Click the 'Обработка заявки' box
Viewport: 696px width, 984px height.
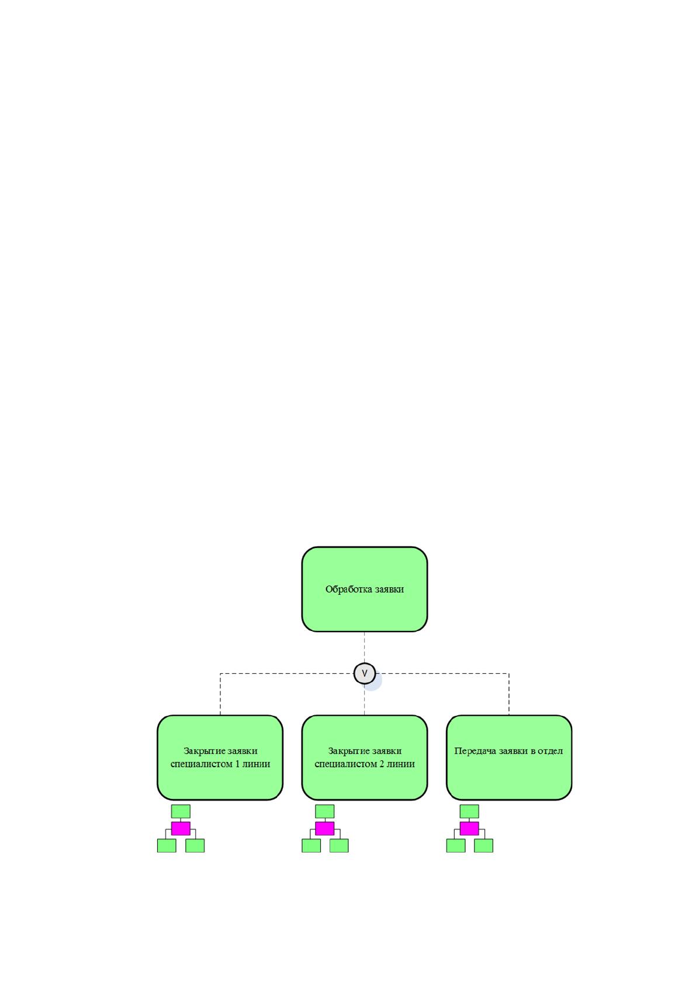coord(364,589)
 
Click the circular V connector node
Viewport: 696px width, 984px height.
coord(364,673)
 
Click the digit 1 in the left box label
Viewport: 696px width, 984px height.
coord(237,764)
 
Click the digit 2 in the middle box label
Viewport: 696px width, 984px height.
coord(382,764)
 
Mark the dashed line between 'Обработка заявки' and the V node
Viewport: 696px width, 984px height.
coord(364,647)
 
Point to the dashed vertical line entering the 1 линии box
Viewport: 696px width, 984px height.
coord(220,694)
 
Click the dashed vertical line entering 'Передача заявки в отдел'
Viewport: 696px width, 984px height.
coord(509,694)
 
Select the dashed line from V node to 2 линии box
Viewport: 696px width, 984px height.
coord(364,699)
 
